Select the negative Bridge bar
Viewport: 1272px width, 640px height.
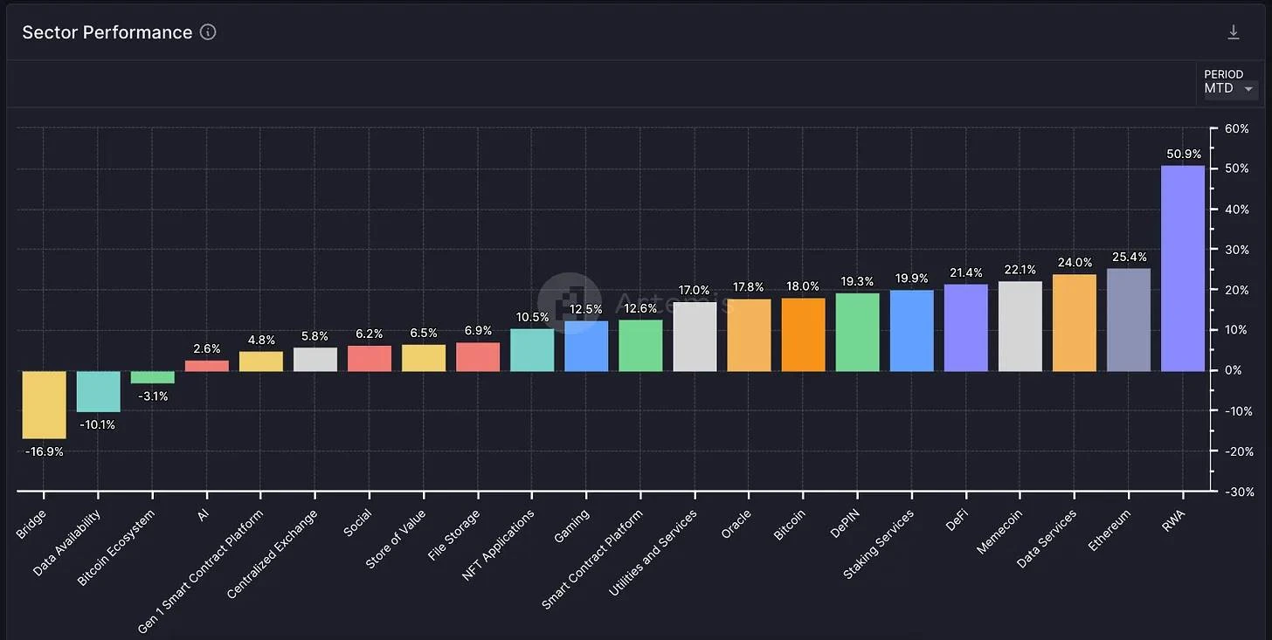click(44, 404)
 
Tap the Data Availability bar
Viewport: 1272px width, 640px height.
click(98, 391)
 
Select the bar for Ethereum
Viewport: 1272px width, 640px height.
click(1128, 320)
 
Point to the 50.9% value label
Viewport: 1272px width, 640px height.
click(1183, 155)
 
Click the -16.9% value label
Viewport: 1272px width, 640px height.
click(44, 451)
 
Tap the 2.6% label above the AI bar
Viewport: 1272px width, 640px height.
click(206, 349)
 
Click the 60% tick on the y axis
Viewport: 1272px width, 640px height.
click(1236, 128)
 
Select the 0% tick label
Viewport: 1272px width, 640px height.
click(1233, 370)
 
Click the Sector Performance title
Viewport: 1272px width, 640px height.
click(107, 32)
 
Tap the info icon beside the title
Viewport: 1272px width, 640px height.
click(208, 32)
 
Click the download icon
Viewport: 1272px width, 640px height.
click(1233, 32)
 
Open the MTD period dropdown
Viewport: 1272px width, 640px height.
click(1230, 88)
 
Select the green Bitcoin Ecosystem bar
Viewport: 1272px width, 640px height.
click(152, 377)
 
